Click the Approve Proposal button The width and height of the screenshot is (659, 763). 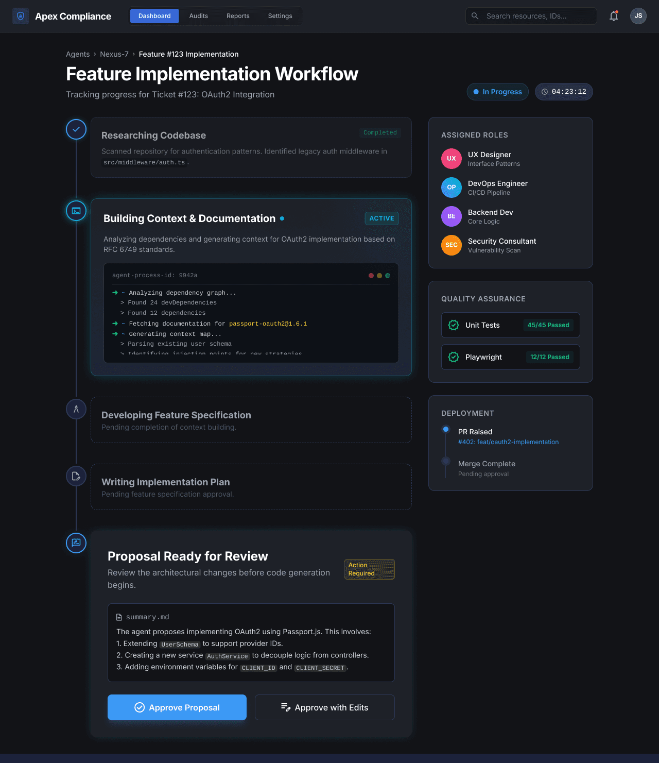tap(177, 707)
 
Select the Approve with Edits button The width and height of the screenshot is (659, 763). tap(324, 707)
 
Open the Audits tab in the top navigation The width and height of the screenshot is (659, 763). tap(198, 16)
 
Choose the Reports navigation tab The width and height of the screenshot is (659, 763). tap(238, 16)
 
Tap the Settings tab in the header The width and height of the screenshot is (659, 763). tap(280, 16)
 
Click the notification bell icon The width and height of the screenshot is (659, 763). tap(613, 16)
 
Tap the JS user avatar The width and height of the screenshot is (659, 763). tap(638, 16)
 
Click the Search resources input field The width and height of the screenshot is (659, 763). tap(535, 16)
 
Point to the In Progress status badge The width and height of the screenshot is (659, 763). tap(497, 92)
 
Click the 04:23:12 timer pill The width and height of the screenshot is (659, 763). tap(564, 92)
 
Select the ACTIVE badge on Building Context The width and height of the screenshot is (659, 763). tap(381, 218)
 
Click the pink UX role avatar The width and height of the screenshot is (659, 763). tap(451, 159)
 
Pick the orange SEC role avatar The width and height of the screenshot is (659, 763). tap(451, 245)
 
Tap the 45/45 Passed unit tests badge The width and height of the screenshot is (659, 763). tap(548, 325)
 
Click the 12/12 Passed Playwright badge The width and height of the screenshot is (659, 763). tap(549, 357)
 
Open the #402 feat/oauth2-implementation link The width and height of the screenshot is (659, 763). tap(508, 442)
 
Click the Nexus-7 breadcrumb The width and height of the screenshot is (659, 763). tap(114, 54)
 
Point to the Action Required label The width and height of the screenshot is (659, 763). tap(369, 569)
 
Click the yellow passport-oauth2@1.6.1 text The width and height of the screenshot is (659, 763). tap(268, 324)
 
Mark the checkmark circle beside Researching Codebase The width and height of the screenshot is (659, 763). tap(76, 129)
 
